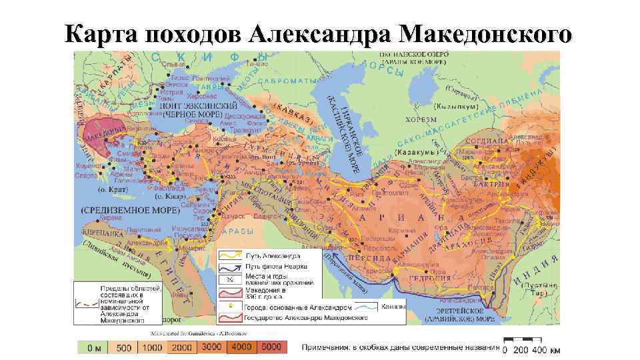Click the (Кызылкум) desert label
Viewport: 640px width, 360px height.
[x=455, y=105]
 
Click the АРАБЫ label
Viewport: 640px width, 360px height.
[x=237, y=231]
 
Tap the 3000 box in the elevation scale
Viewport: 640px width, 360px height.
[x=211, y=347]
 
